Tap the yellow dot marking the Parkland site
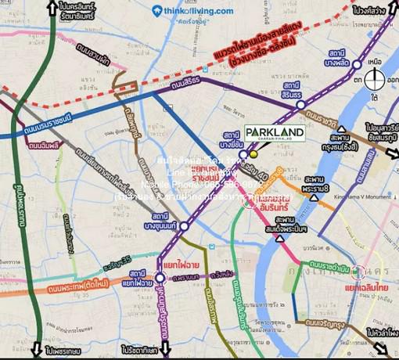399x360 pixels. (x=253, y=153)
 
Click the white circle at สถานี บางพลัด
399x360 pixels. (x=356, y=64)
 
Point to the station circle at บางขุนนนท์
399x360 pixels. (x=183, y=226)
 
